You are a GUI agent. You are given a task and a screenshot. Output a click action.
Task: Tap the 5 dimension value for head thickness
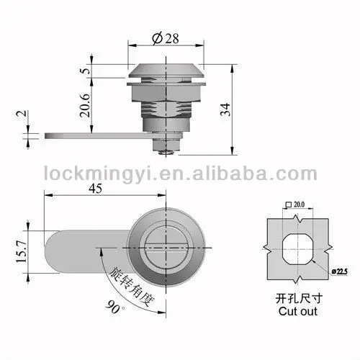click(86, 71)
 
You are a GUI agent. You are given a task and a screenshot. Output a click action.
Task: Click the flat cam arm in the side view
click(79, 135)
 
